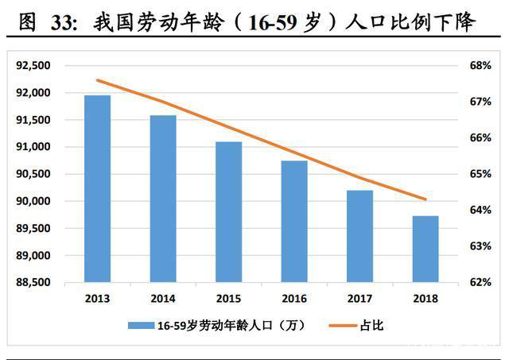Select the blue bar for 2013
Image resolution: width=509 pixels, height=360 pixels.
[x=98, y=188]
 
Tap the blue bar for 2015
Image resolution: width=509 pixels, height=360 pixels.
[x=229, y=212]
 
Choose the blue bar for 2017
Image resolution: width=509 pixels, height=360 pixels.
[x=360, y=236]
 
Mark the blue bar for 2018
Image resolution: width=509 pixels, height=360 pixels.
[x=426, y=249]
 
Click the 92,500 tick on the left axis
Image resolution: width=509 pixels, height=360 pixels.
[x=33, y=65]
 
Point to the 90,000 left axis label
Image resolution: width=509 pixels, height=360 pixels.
[x=33, y=201]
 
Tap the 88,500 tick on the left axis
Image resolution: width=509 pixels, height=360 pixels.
[x=33, y=282]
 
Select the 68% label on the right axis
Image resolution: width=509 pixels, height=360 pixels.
[x=481, y=65]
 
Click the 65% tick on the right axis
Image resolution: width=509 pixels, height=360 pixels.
[x=481, y=173]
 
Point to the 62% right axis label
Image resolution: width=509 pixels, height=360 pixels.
[x=481, y=282]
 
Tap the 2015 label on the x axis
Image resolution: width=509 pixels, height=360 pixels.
[x=229, y=299]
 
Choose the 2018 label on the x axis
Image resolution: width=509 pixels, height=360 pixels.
[x=426, y=299]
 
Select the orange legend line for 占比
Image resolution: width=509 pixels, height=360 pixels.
[x=342, y=324]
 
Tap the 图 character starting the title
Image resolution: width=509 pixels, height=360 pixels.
[x=29, y=24]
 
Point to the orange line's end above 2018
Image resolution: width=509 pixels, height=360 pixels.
[x=426, y=199]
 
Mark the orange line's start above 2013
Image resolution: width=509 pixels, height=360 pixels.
[x=97, y=80]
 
